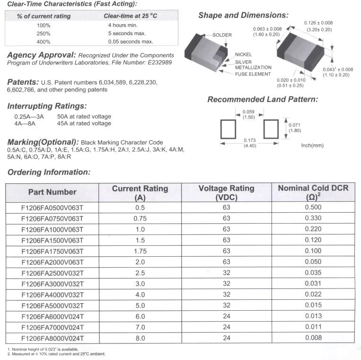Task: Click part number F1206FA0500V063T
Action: [53, 207]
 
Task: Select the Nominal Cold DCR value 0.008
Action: [313, 338]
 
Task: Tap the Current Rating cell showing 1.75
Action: [140, 251]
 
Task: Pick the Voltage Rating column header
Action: [226, 192]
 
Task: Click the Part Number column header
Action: [52, 192]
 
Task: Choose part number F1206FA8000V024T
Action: [53, 338]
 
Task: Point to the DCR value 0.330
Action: [313, 218]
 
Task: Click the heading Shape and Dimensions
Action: [243, 16]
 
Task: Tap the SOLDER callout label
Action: [222, 36]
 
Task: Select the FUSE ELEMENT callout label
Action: [253, 74]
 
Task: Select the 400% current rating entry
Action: [44, 42]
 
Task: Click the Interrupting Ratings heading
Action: [47, 106]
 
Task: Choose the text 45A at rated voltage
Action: [84, 124]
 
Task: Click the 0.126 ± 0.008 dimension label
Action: [318, 23]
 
